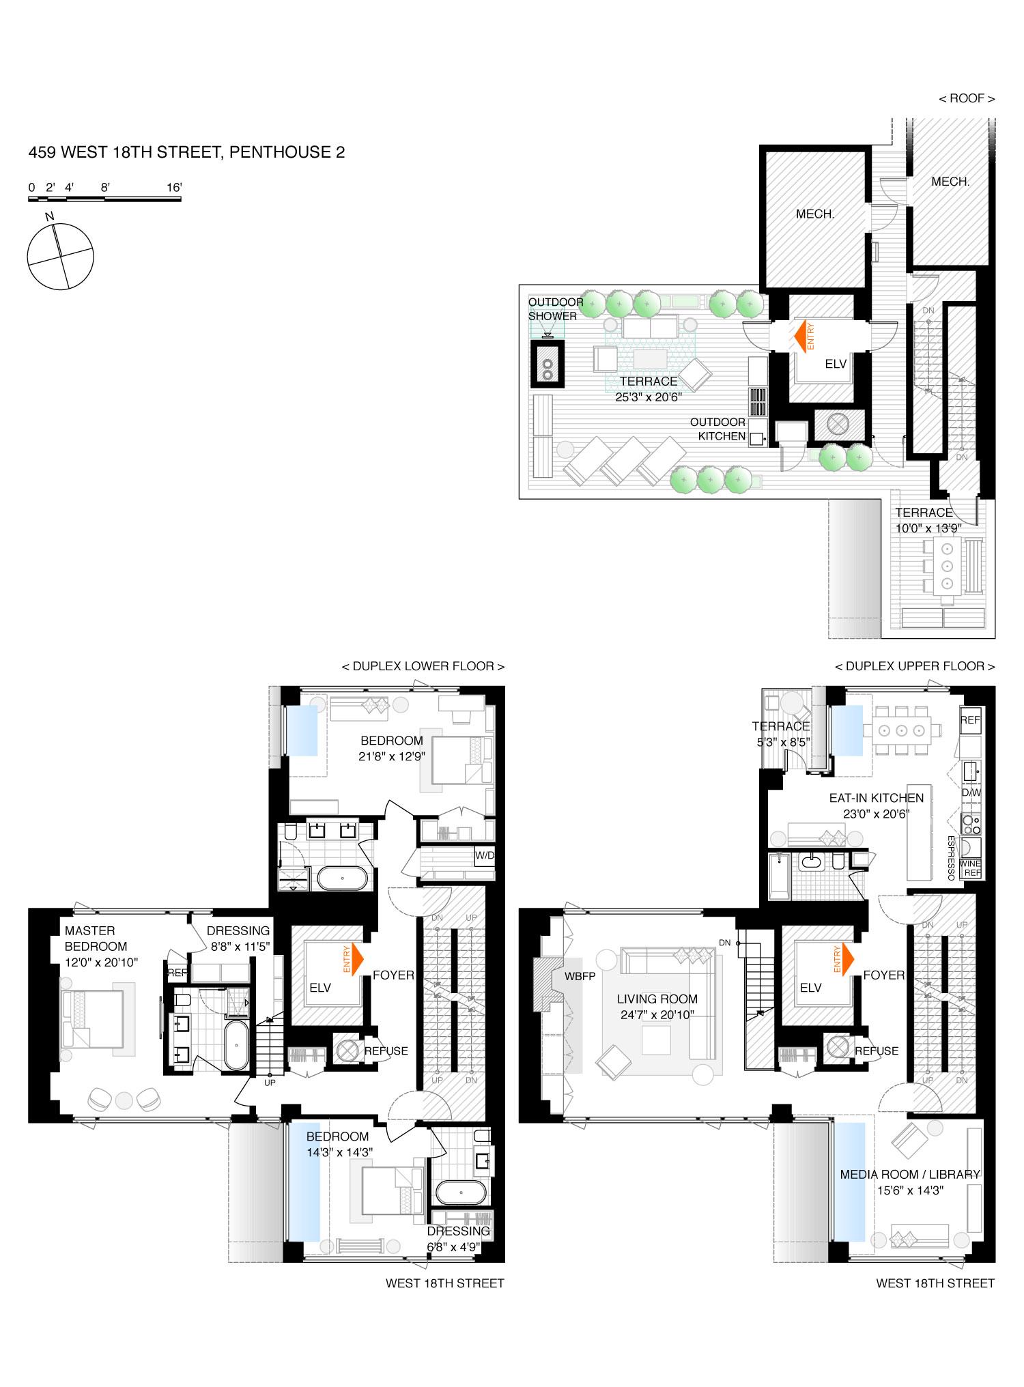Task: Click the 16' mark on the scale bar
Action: (173, 187)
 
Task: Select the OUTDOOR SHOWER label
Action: (552, 309)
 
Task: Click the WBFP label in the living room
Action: (580, 977)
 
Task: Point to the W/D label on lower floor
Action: (484, 855)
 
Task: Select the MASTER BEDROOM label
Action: (96, 939)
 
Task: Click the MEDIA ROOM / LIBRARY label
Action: (910, 1175)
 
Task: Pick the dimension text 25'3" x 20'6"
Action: (648, 396)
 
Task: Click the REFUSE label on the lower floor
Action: (386, 1051)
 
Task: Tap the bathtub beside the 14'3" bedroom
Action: (461, 1195)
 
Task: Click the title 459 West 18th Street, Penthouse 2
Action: (186, 152)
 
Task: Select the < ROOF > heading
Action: (967, 99)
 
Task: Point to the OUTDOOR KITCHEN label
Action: (717, 429)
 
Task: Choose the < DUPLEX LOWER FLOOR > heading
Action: (423, 666)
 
